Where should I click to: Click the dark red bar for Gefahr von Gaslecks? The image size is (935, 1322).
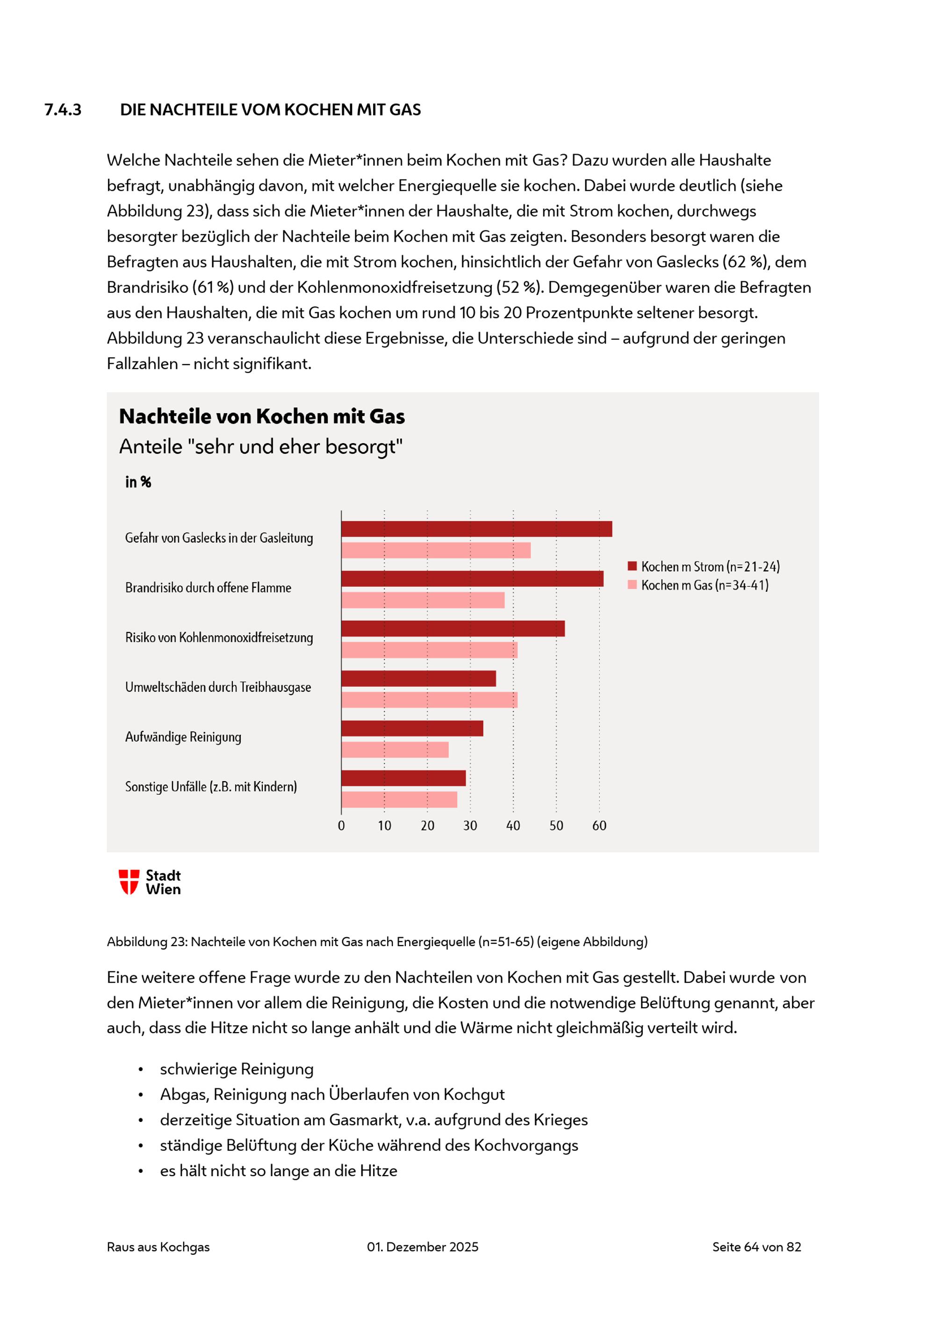pyautogui.click(x=477, y=529)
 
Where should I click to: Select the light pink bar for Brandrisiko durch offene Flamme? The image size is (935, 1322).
pyautogui.click(x=423, y=600)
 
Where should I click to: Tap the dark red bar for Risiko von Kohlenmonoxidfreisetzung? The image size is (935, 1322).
pyautogui.click(x=453, y=629)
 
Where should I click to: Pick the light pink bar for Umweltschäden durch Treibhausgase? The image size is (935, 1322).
pyautogui.click(x=430, y=700)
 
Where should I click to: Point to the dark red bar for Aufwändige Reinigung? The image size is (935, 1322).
pyautogui.click(x=412, y=728)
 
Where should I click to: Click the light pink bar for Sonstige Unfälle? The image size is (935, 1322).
pyautogui.click(x=400, y=799)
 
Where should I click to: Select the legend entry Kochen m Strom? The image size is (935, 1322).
pyautogui.click(x=704, y=567)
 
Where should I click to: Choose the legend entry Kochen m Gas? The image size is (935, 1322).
pyautogui.click(x=698, y=585)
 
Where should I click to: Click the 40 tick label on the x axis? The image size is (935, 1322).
pyautogui.click(x=513, y=826)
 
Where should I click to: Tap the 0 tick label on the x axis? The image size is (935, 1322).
pyautogui.click(x=341, y=826)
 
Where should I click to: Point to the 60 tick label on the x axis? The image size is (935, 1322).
pyautogui.click(x=599, y=826)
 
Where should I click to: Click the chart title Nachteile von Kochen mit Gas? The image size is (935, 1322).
pyautogui.click(x=262, y=417)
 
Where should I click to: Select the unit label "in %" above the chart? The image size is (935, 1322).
pyautogui.click(x=138, y=482)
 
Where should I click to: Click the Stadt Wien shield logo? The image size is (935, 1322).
pyautogui.click(x=129, y=882)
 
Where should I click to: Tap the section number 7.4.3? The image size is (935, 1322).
pyautogui.click(x=63, y=109)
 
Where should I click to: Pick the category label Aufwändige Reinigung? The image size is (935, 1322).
pyautogui.click(x=183, y=737)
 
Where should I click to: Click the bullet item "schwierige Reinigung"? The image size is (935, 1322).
pyautogui.click(x=237, y=1069)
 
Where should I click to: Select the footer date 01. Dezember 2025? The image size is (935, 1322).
pyautogui.click(x=423, y=1247)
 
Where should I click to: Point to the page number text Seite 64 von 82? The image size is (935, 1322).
pyautogui.click(x=756, y=1247)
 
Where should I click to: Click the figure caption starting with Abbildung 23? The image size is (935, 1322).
pyautogui.click(x=377, y=941)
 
